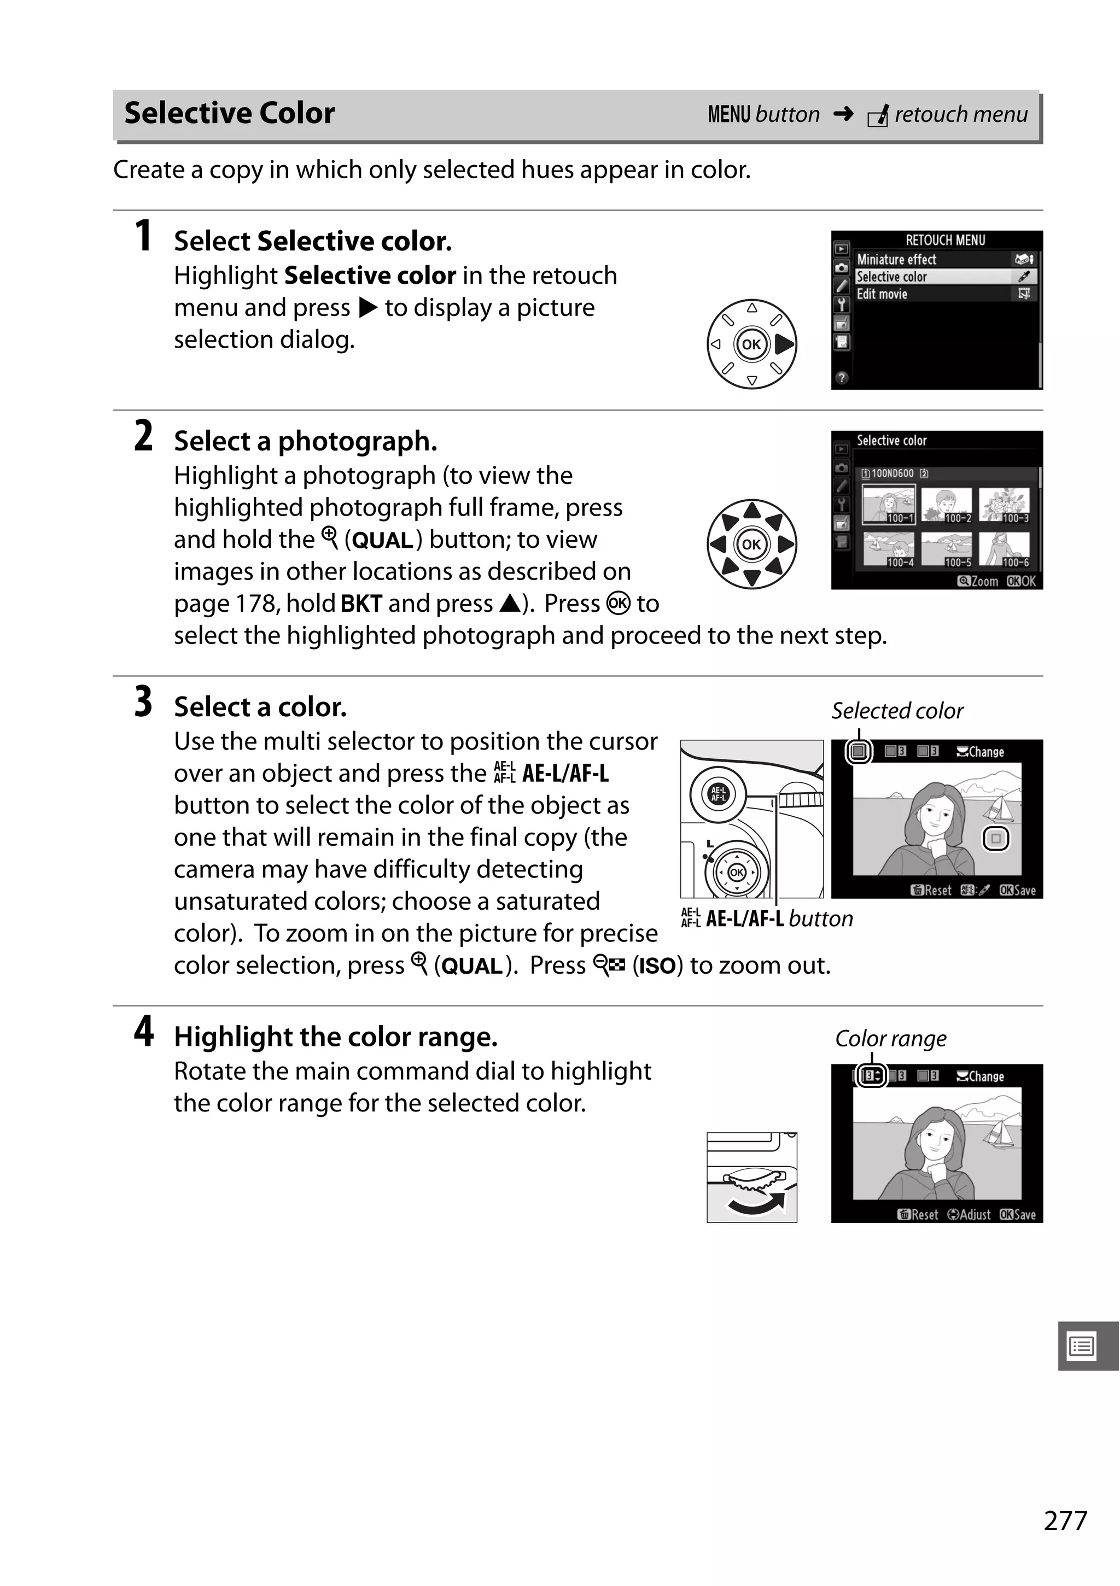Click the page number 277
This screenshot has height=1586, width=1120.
pos(1065,1520)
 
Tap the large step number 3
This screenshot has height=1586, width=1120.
pos(143,702)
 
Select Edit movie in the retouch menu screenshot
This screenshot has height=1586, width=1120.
pos(882,294)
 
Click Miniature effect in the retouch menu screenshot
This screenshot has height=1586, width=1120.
pos(896,260)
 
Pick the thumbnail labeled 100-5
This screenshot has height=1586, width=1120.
pos(946,549)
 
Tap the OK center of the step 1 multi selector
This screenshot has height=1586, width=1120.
pos(751,344)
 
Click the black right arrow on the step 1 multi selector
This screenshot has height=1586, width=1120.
pos(784,344)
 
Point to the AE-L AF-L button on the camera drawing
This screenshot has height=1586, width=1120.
pos(719,794)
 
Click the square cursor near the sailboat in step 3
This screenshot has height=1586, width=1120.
pos(996,839)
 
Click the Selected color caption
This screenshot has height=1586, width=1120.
pos(897,711)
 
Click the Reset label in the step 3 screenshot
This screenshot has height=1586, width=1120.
pos(931,891)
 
